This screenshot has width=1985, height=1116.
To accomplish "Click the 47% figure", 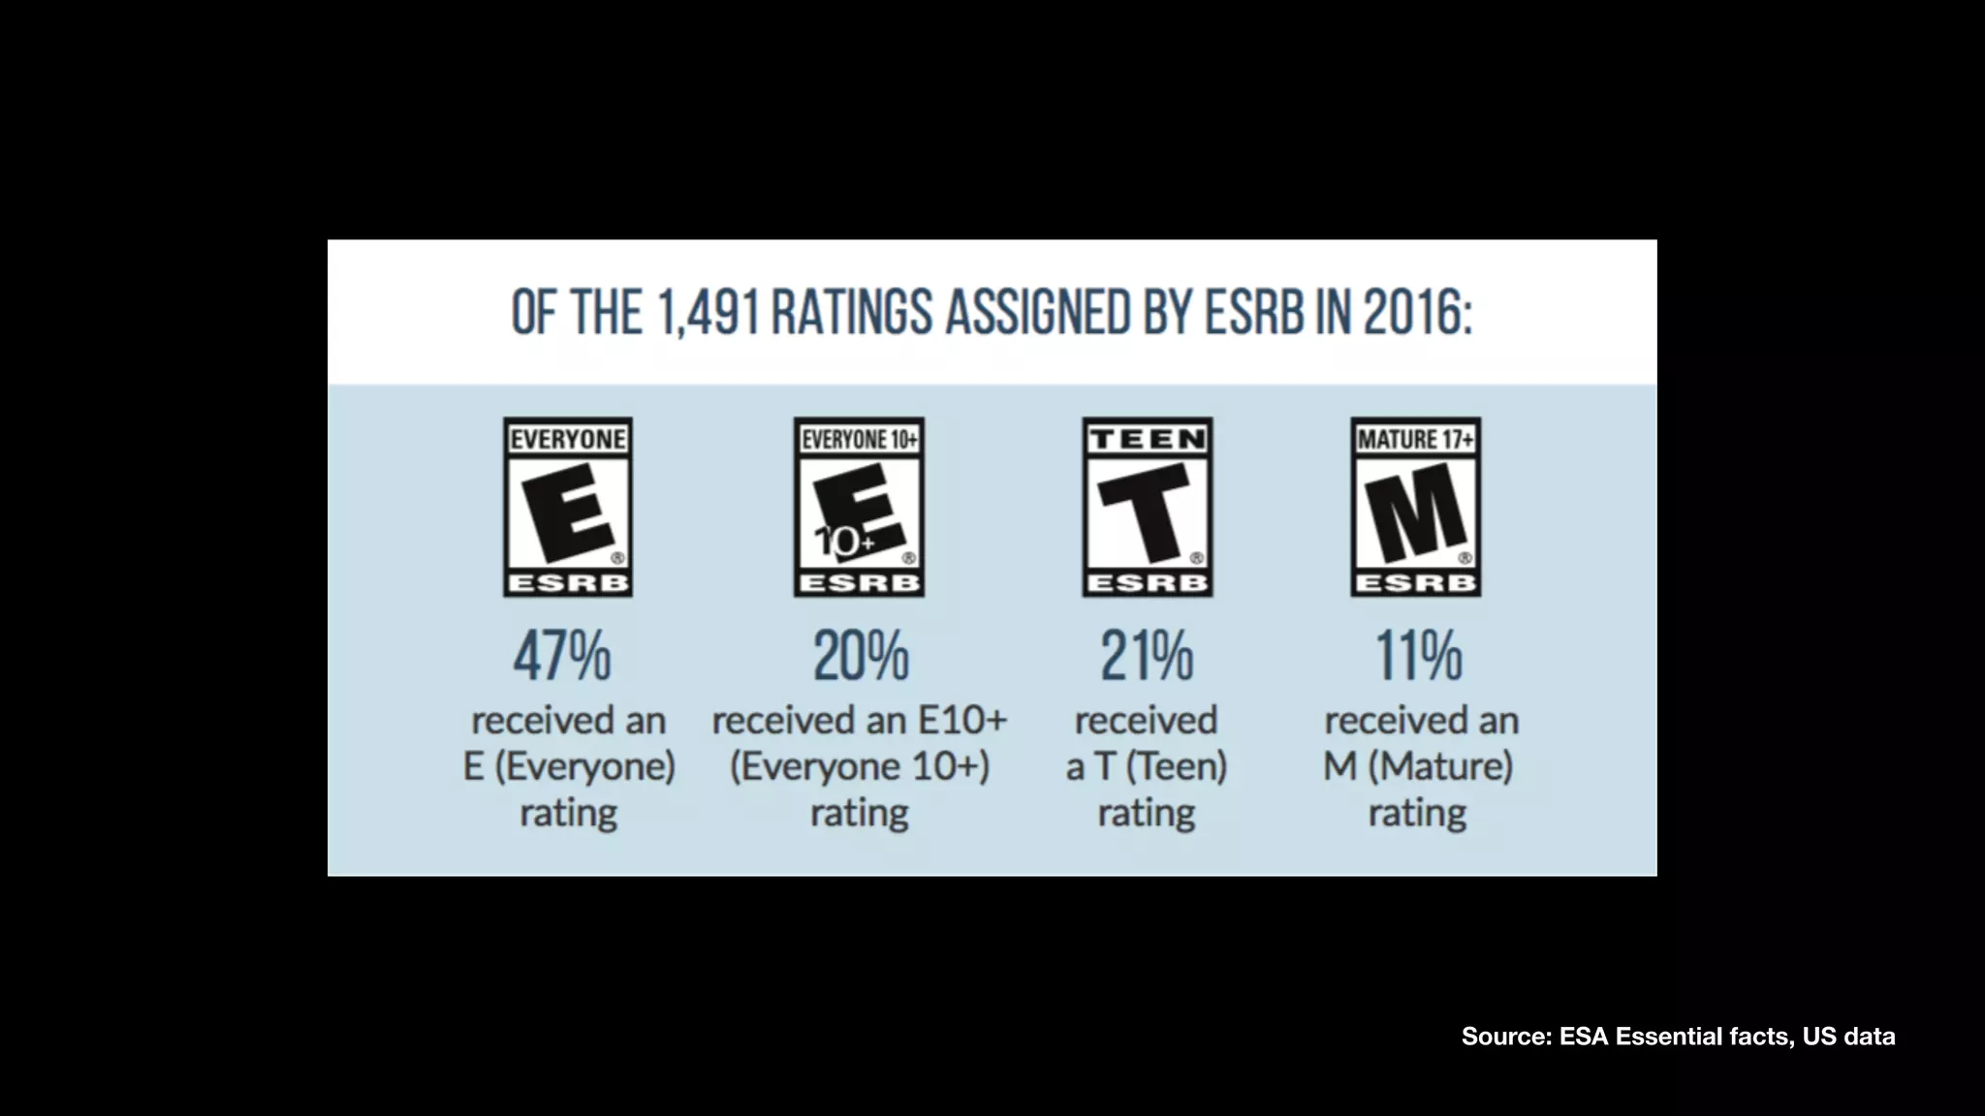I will (562, 656).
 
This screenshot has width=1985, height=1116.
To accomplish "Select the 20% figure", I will (861, 656).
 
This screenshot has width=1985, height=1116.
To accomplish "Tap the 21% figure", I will (1147, 656).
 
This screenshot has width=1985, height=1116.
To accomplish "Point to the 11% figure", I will (1419, 656).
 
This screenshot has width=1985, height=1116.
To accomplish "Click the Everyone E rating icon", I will (568, 508).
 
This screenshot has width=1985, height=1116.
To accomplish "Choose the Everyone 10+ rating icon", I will (859, 508).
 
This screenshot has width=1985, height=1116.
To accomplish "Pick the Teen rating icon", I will (1148, 508).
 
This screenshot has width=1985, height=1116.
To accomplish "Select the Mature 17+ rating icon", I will (1416, 508).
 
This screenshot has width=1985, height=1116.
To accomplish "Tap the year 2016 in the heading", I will (1417, 313).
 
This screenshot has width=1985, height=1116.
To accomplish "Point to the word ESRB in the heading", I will (1254, 313).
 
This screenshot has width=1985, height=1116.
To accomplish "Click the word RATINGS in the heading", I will (852, 313).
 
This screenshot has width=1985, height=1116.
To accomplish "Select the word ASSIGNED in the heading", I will (1037, 313).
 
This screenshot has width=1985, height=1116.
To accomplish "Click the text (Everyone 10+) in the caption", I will (860, 766).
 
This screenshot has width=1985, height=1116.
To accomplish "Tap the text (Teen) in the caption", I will (1177, 766).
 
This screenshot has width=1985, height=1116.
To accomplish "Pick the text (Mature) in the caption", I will (1440, 766).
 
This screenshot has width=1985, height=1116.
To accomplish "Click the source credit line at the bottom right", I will (1678, 1037).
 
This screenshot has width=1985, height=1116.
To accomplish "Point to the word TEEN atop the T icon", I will (1148, 440).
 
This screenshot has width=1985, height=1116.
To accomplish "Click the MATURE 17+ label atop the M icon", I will (1416, 440).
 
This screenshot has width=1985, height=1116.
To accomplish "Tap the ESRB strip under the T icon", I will (1148, 583).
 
